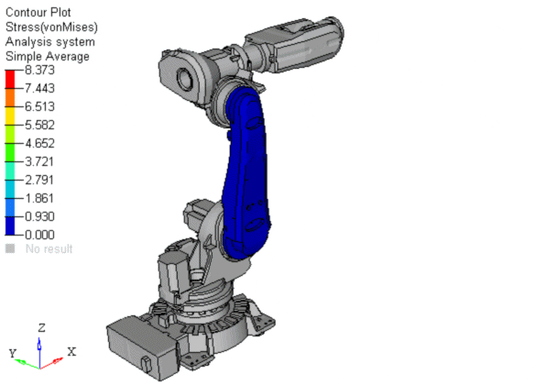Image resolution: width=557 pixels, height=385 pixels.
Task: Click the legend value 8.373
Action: coord(39,70)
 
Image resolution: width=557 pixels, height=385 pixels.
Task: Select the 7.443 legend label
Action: coord(39,88)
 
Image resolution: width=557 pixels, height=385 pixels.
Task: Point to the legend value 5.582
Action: coord(39,126)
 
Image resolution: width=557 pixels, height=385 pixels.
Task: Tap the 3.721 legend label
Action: coord(39,161)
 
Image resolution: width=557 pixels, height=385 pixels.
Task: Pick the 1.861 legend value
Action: coord(39,198)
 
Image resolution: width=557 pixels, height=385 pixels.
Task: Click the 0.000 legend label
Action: coord(39,235)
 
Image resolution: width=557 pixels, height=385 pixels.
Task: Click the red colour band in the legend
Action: coord(10,79)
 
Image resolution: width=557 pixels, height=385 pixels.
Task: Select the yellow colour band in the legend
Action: coord(10,115)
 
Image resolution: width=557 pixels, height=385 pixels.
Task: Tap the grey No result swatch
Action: coord(10,248)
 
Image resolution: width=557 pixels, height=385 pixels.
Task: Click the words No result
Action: coord(49,248)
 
